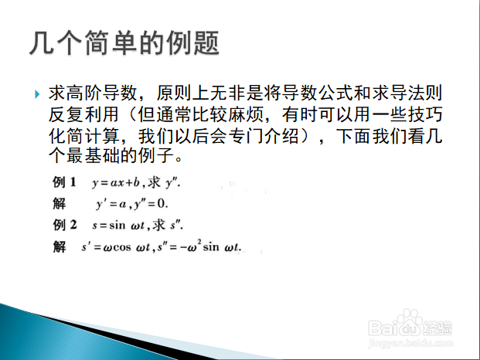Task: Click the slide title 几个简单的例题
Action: coord(124,42)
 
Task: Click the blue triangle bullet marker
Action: coord(37,94)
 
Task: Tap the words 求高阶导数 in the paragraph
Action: coord(93,93)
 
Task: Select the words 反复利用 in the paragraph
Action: coord(83,114)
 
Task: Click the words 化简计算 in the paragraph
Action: coord(83,136)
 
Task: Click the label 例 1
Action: coord(64,182)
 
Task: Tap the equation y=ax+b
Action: coord(116,182)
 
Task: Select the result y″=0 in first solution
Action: coord(150,204)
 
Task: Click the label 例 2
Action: coord(65,225)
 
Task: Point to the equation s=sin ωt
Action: coord(118,226)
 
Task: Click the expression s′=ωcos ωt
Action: coord(116,247)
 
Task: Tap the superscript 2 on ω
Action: coord(199,243)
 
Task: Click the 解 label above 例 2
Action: coord(59,204)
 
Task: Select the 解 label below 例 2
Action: coord(59,246)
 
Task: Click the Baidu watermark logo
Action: coord(410,324)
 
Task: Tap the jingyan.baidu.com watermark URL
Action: coord(410,343)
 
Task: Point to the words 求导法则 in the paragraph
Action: coord(407,93)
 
